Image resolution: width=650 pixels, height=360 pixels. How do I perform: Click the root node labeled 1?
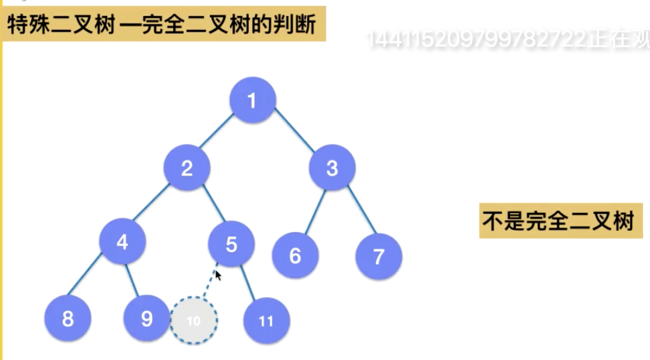point(252,100)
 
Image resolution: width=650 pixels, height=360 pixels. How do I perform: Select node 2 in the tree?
point(187,169)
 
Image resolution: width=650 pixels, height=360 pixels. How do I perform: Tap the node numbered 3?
point(332,169)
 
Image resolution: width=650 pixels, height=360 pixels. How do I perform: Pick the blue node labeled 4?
point(123,242)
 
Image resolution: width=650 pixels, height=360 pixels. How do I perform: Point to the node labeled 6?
point(295,256)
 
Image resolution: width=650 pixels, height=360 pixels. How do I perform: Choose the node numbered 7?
point(379,256)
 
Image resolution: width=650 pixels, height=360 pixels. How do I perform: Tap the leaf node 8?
point(68,319)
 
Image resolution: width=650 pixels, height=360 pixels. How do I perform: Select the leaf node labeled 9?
point(147,319)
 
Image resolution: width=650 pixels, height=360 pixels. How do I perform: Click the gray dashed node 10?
point(193,321)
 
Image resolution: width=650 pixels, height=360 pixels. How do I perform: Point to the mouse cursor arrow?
point(218,275)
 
